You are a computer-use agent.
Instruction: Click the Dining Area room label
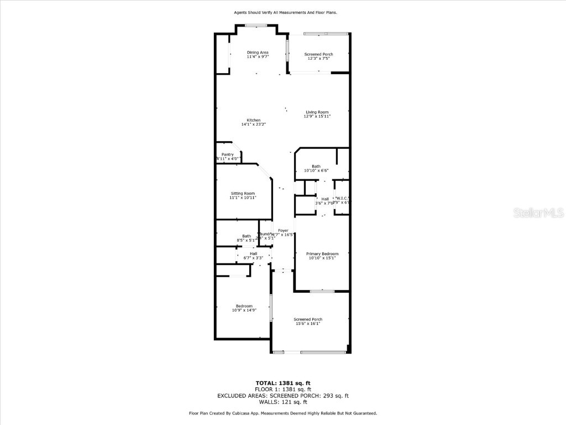(x=258, y=53)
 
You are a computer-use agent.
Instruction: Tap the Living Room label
(x=317, y=112)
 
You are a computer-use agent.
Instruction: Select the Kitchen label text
(x=254, y=120)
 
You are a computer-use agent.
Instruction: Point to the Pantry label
(x=228, y=154)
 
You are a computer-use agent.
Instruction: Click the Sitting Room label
(x=243, y=193)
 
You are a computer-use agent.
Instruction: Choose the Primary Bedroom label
(x=322, y=253)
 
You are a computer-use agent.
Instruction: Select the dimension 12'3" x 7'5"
(x=318, y=58)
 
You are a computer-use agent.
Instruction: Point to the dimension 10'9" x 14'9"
(x=244, y=310)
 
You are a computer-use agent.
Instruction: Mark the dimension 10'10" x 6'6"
(x=316, y=170)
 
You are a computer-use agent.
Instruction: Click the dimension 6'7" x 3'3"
(x=253, y=258)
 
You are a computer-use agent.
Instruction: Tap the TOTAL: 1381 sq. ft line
(x=282, y=383)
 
